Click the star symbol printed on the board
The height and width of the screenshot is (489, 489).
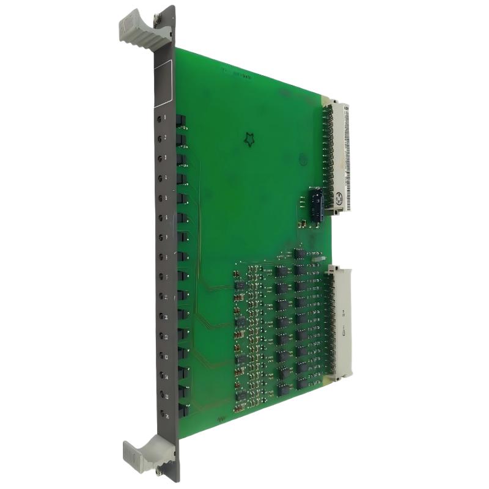point(249,141)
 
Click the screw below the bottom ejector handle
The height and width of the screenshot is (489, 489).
point(160,469)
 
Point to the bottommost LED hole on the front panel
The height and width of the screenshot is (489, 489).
point(160,414)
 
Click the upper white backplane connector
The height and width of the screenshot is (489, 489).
point(340,156)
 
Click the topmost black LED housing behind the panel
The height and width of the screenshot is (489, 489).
point(181,120)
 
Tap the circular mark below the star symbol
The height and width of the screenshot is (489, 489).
point(303,160)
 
